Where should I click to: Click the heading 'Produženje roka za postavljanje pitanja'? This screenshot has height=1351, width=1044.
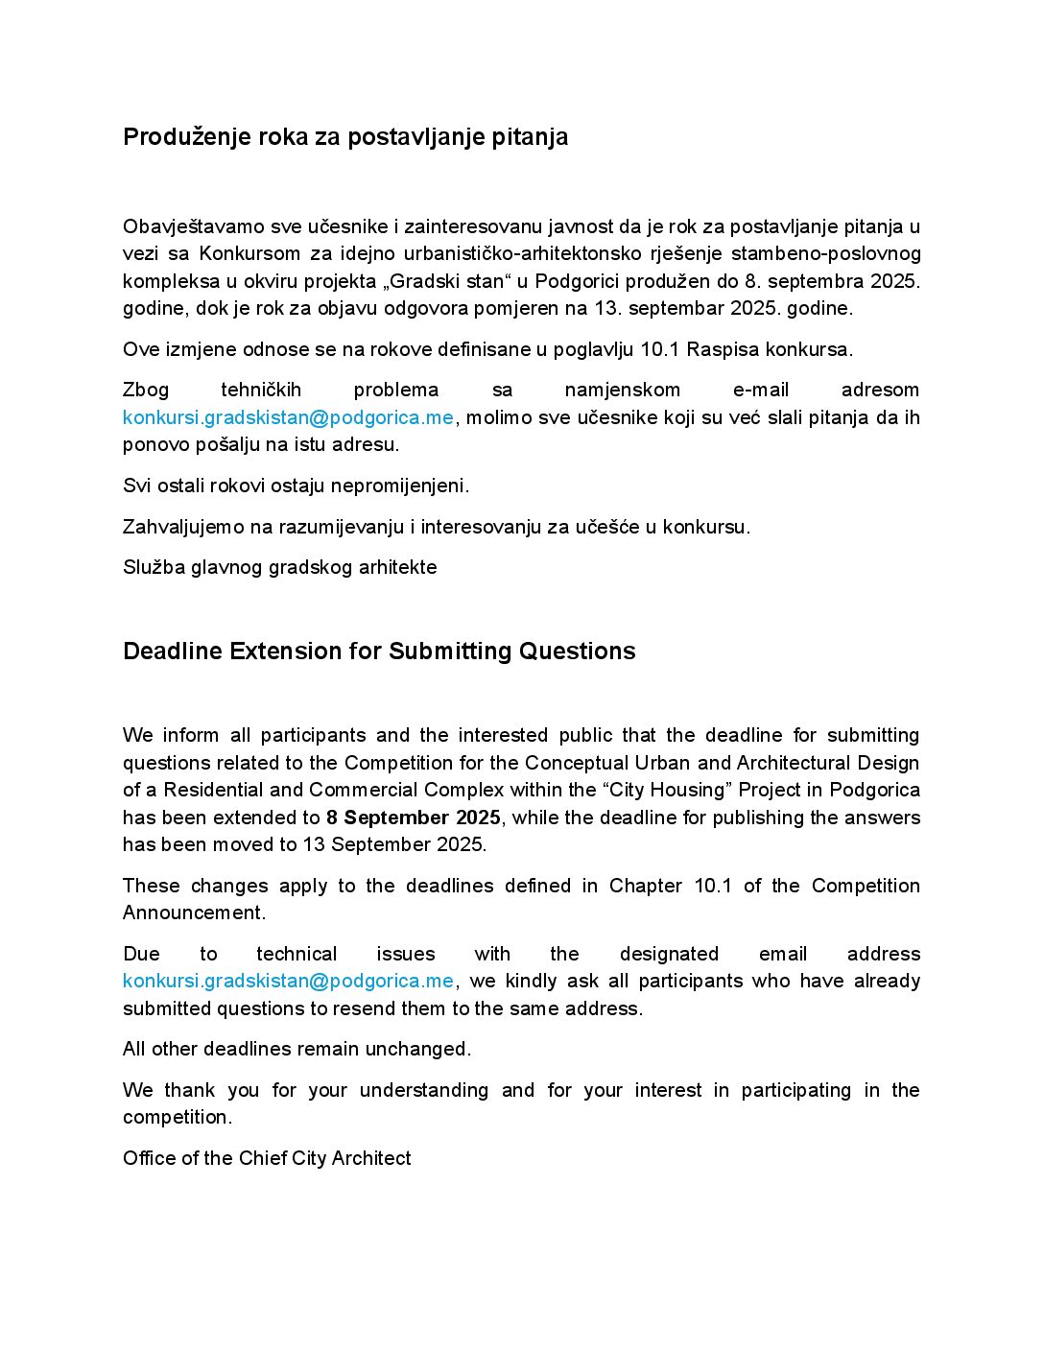(345, 137)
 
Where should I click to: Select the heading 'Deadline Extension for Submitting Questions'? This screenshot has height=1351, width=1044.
(379, 652)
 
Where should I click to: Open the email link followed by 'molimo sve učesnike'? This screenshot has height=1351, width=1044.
(288, 417)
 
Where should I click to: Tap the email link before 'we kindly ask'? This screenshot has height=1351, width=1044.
(288, 981)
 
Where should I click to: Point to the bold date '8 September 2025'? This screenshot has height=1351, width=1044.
(414, 818)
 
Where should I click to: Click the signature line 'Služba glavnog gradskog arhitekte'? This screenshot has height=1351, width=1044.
(279, 567)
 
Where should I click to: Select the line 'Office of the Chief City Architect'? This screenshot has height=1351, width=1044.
(267, 1158)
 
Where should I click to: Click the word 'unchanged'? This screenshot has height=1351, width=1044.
(426, 1049)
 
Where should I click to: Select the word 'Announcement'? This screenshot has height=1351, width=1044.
(193, 913)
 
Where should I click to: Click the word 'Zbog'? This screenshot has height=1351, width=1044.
(146, 390)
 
